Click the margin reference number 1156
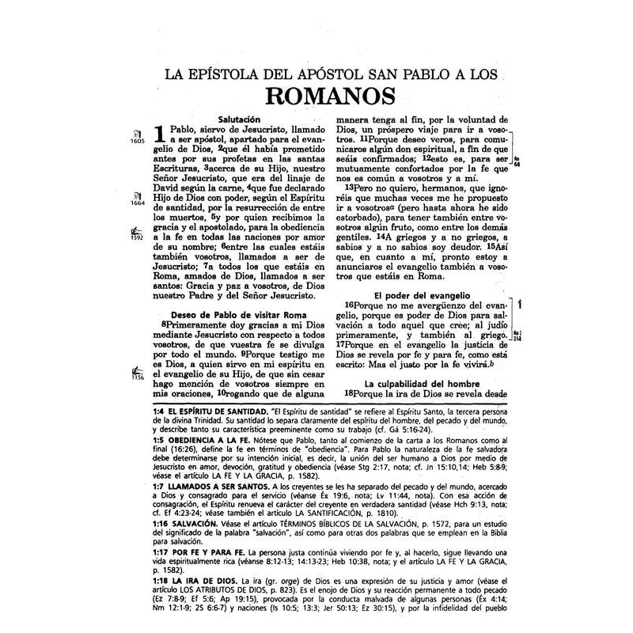pyautogui.click(x=135, y=377)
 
